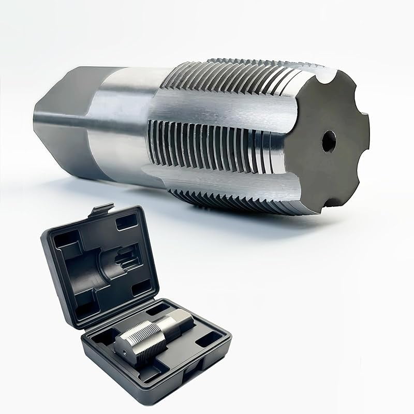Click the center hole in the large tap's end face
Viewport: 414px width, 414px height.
(x=327, y=140)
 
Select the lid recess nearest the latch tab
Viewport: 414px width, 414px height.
(x=124, y=223)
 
